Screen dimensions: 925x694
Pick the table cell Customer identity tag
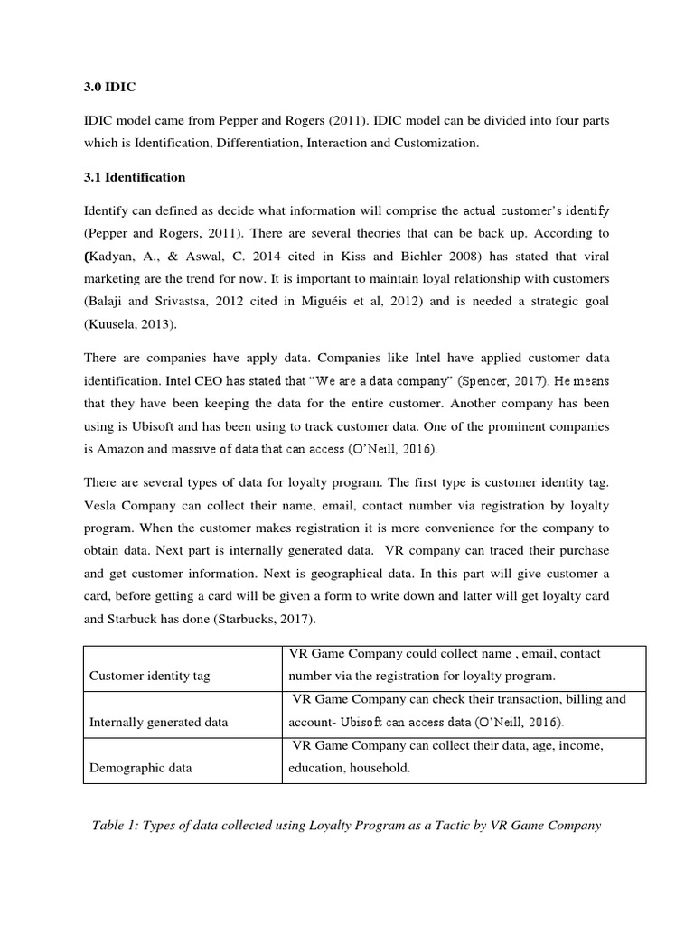tap(149, 676)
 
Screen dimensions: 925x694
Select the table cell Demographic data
tap(140, 768)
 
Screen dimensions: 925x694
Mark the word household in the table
tap(381, 769)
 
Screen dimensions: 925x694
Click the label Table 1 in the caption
tap(118, 825)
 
